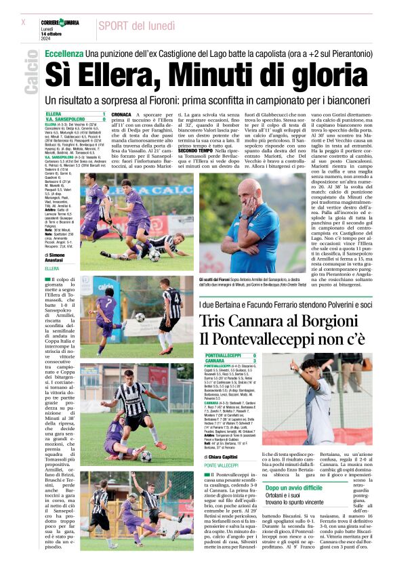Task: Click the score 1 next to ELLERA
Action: [x=103, y=114]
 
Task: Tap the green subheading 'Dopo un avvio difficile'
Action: [x=294, y=488]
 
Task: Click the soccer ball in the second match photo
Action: [x=140, y=316]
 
